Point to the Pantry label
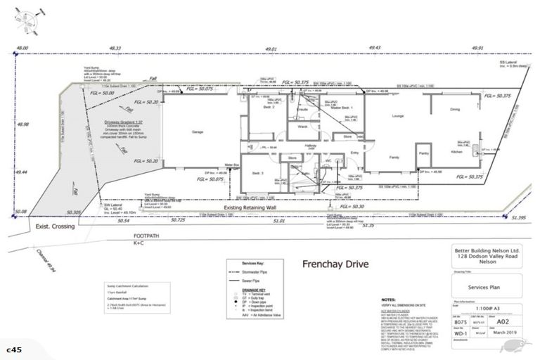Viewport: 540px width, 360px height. click(423, 153)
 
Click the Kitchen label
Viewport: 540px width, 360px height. click(456, 150)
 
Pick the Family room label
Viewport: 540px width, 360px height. click(394, 157)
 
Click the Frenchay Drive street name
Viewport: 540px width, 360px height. click(333, 266)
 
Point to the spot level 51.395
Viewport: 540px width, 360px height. click(519, 219)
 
